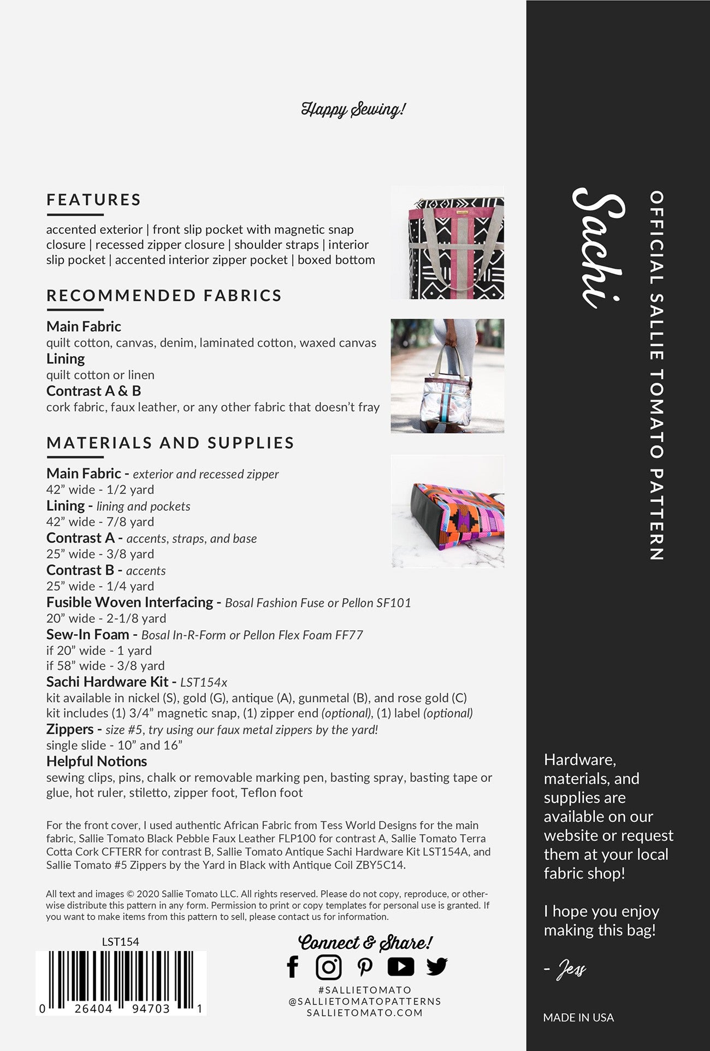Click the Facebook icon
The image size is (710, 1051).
coord(293,966)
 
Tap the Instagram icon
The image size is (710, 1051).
coord(329,966)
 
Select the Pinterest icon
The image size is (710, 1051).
coord(365,966)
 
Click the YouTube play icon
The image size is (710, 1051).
coord(401,966)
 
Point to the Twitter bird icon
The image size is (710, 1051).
coord(437,966)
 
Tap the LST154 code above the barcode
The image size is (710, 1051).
coord(121,942)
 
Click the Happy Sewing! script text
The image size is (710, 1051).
coord(353,109)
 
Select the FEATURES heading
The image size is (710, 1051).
coord(94,200)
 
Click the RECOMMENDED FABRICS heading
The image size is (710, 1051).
coord(164,296)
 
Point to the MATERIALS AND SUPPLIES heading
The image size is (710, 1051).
coord(170,443)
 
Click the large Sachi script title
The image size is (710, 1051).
coord(599,249)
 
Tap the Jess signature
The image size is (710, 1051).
coord(571,970)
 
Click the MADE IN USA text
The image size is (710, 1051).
coord(578,1018)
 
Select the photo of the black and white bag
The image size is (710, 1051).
coord(447,243)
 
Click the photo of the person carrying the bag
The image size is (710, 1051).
coord(447,376)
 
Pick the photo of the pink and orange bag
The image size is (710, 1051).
coord(447,511)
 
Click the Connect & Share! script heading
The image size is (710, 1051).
coord(365,943)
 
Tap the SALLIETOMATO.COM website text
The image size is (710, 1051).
coord(365,1013)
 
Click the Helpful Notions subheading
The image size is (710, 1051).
coord(97,761)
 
